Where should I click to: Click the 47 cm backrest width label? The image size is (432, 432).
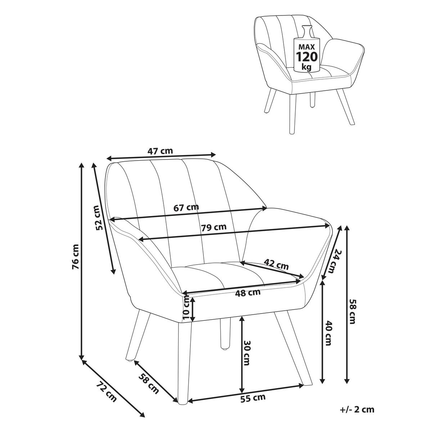click(x=160, y=151)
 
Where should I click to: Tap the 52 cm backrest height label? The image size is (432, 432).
click(x=99, y=218)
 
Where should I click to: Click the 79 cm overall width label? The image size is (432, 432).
click(x=213, y=227)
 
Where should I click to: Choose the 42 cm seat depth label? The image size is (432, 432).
click(x=276, y=264)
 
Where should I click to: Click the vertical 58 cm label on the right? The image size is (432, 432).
click(x=352, y=311)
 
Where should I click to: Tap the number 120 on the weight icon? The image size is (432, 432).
click(x=307, y=57)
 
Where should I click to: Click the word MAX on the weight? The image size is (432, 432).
click(x=306, y=47)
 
